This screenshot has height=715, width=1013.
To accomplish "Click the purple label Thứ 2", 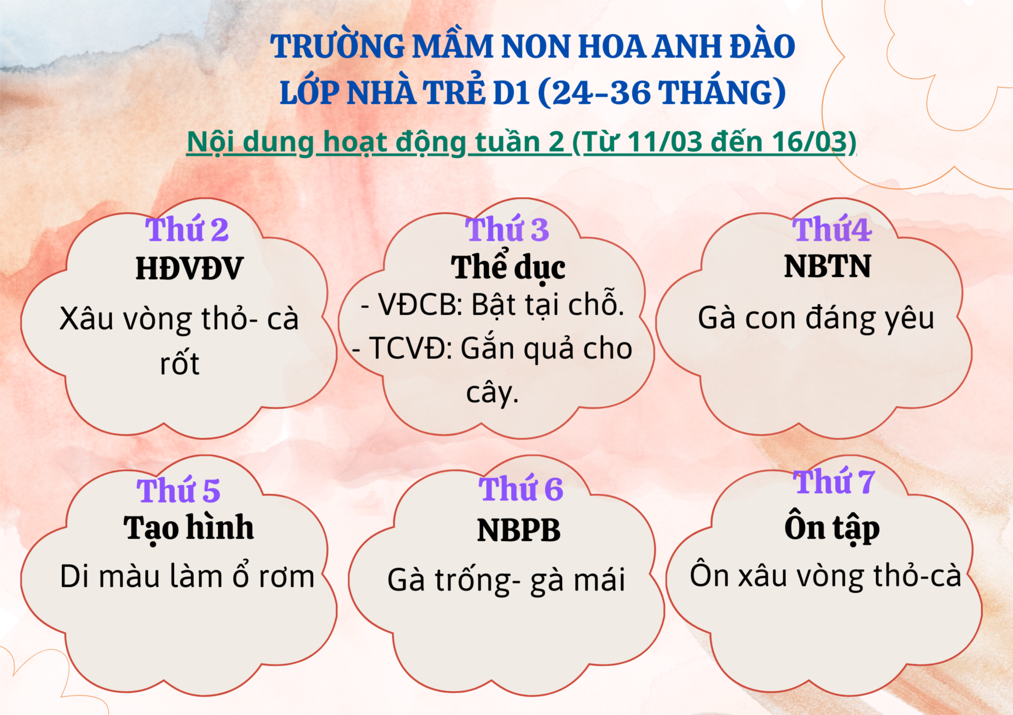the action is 187,229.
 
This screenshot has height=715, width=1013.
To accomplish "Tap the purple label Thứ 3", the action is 507,229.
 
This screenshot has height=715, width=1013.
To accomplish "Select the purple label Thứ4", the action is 832,229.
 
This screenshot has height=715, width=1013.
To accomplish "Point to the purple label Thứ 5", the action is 178,489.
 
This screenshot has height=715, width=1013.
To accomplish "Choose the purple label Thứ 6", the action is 521,488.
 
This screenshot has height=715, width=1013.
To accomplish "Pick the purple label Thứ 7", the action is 834,481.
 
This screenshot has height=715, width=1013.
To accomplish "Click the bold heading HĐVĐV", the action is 189,268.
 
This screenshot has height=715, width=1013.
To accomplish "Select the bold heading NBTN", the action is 828,266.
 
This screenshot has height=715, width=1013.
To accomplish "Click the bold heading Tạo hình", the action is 188,529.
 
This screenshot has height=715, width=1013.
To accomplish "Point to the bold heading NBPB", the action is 519,530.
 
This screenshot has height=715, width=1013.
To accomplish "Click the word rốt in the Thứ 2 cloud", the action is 180,362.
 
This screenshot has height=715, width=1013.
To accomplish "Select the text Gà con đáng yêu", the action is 816,319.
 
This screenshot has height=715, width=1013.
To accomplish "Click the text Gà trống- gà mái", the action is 506,580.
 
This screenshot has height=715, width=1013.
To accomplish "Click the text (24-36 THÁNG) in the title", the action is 661,93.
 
